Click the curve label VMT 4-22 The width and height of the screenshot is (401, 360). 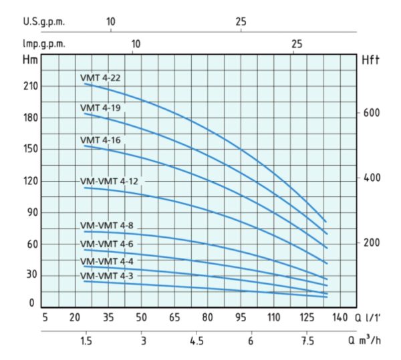click(100, 77)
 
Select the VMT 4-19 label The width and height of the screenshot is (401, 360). click(100, 108)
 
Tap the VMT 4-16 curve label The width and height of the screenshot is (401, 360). click(100, 140)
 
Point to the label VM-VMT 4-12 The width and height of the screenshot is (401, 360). click(108, 181)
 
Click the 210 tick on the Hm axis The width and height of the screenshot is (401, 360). click(31, 87)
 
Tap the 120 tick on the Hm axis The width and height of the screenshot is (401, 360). click(31, 181)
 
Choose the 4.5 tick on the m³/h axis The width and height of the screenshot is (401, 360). click(196, 341)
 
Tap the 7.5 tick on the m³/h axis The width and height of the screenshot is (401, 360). click(306, 341)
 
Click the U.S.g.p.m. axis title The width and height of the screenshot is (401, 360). click(43, 21)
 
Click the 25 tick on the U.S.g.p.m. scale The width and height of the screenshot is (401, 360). click(241, 21)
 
